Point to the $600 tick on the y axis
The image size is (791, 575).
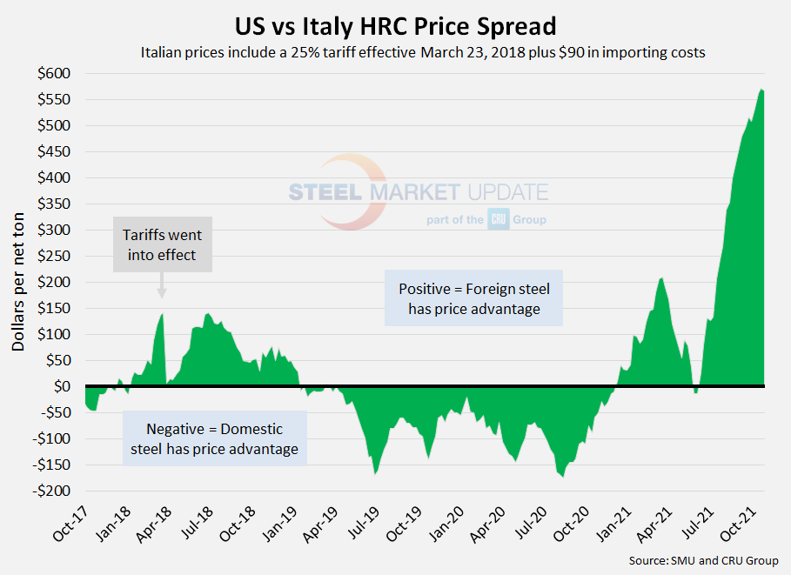click(54, 74)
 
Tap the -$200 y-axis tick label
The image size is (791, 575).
click(51, 491)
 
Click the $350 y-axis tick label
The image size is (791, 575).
click(54, 204)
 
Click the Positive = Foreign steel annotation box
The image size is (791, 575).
click(473, 298)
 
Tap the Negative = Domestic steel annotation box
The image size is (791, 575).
click(214, 438)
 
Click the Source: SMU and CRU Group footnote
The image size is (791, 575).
click(703, 560)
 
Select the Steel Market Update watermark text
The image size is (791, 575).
click(418, 191)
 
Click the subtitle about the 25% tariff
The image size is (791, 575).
click(422, 52)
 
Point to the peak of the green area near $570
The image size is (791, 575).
click(761, 90)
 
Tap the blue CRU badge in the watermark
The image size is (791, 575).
click(498, 220)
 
